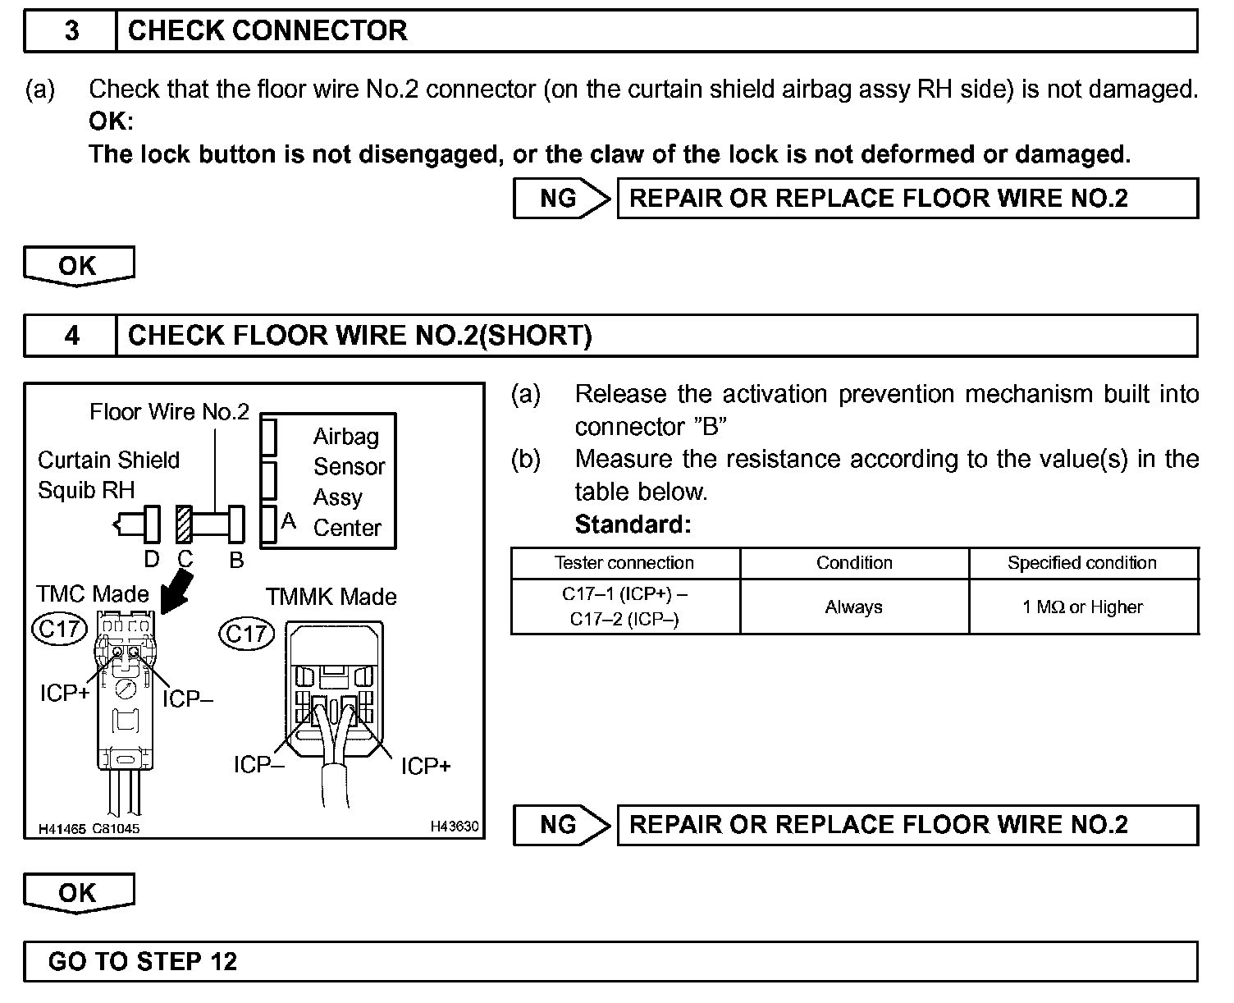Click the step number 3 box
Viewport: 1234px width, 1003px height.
pyautogui.click(x=71, y=31)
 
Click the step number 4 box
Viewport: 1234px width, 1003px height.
pyautogui.click(x=71, y=336)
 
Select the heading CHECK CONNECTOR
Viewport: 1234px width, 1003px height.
pyautogui.click(x=267, y=31)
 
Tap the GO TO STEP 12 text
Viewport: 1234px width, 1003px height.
pyautogui.click(x=143, y=961)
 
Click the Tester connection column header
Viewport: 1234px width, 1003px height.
pyautogui.click(x=624, y=563)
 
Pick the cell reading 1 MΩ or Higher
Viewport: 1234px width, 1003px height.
pyautogui.click(x=1082, y=607)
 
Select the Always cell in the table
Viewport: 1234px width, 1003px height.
pyautogui.click(x=853, y=607)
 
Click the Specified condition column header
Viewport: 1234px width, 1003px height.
pyautogui.click(x=1082, y=563)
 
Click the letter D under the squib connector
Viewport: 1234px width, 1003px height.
pyautogui.click(x=152, y=560)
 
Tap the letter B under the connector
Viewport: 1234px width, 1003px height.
pyautogui.click(x=236, y=560)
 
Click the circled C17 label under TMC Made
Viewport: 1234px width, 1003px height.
pyautogui.click(x=59, y=629)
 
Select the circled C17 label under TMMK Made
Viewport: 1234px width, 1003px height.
pyautogui.click(x=247, y=633)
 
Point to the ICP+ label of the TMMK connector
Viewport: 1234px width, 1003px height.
pyautogui.click(x=426, y=766)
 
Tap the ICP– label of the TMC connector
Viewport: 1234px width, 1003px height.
pyautogui.click(x=188, y=699)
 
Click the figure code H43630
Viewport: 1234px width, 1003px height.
pyautogui.click(x=454, y=827)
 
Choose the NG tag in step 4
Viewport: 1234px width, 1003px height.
pyautogui.click(x=560, y=825)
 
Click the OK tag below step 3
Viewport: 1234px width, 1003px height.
pyautogui.click(x=78, y=266)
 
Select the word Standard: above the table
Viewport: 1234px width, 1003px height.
pyautogui.click(x=633, y=524)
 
